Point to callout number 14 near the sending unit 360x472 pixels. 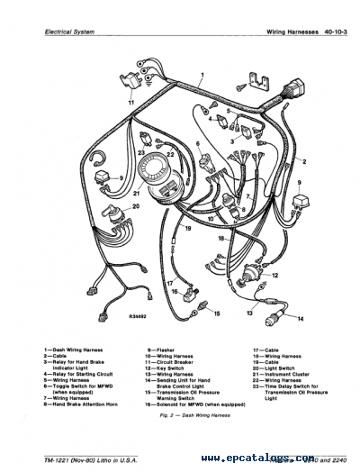301,319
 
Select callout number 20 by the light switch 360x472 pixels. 136,206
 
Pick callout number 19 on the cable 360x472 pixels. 187,230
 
